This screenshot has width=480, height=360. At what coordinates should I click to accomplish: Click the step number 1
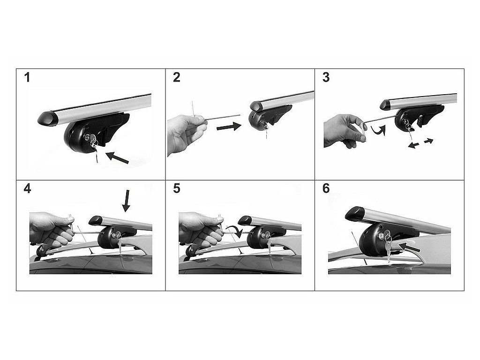coord(27,77)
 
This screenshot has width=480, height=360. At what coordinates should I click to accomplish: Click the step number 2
coord(177,77)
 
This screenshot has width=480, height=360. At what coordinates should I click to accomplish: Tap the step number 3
coord(326,77)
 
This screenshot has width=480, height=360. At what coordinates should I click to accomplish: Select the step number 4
coord(27,188)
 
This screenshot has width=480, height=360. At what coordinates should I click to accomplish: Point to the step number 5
coord(177,188)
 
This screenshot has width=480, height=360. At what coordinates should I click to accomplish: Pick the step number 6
coord(326,188)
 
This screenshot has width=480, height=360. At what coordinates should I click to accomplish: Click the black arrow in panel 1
coord(117,157)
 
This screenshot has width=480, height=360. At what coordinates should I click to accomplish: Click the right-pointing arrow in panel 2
coord(229,127)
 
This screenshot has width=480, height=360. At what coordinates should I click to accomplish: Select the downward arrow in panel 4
coord(126,201)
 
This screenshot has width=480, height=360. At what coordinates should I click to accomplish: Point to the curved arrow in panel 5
coord(235,231)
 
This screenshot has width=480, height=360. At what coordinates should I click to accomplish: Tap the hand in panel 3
coord(345,130)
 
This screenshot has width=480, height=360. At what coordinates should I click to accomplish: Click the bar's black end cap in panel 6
coord(355,213)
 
